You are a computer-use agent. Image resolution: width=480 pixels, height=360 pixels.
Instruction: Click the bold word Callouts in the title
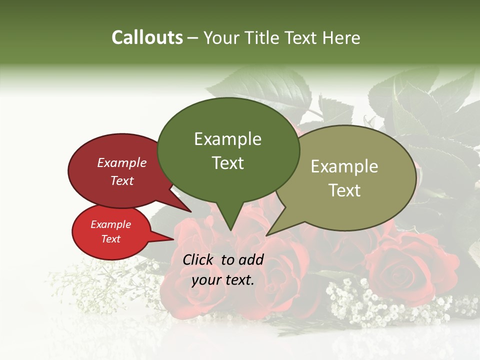147,37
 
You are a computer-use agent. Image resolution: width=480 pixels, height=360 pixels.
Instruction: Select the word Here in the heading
341,37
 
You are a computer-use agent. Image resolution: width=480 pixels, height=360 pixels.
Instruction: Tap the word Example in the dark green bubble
227,139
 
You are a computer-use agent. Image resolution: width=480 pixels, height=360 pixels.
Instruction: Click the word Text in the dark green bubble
227,163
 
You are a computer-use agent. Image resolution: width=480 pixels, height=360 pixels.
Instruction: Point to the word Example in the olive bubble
344,166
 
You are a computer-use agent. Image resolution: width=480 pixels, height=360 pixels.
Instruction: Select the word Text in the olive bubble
345,190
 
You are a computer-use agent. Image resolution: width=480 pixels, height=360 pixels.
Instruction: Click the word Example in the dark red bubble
121,162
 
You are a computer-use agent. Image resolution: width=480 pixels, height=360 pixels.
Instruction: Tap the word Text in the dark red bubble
121,180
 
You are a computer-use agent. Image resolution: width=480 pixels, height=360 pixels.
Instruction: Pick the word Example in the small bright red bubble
110,224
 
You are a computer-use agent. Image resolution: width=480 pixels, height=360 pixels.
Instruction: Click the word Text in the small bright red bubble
110,239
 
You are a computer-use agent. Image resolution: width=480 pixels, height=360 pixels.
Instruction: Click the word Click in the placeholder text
199,259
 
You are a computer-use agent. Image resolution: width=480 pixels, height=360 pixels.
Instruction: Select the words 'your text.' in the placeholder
223,280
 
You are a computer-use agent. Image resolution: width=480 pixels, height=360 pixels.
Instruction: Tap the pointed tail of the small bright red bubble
171,239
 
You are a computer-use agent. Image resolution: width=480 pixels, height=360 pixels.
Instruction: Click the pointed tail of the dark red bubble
189,210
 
